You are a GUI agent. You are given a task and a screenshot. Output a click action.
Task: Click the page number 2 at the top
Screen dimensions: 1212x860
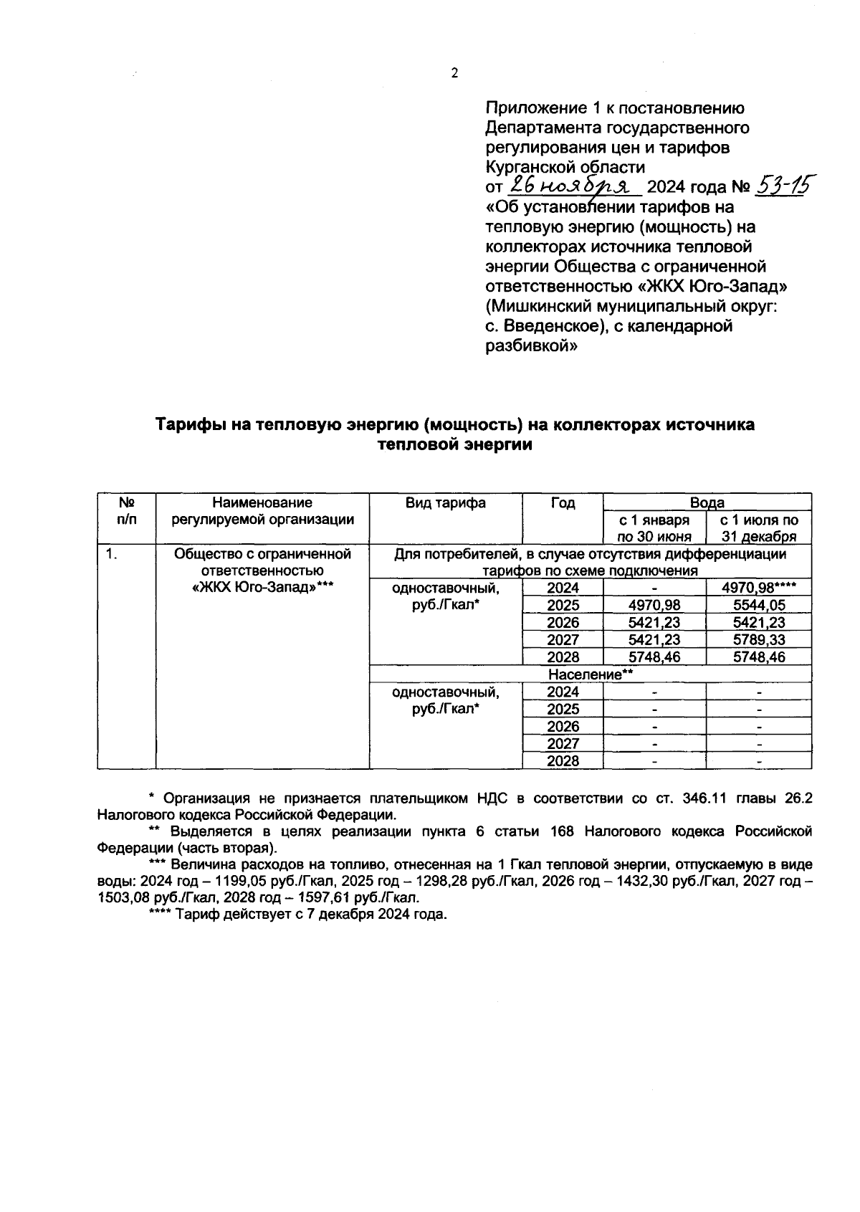click(454, 73)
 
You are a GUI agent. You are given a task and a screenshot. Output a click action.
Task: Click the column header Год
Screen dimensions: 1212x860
click(563, 503)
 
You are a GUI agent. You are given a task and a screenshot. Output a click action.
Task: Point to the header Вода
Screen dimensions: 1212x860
click(707, 502)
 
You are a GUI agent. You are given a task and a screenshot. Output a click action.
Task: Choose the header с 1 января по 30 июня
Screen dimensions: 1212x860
click(654, 528)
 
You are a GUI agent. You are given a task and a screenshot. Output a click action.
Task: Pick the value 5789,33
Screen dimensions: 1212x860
click(759, 640)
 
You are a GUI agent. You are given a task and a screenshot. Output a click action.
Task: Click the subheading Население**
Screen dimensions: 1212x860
click(591, 675)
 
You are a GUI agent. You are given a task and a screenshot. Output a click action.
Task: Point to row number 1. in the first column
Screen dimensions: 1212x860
click(111, 554)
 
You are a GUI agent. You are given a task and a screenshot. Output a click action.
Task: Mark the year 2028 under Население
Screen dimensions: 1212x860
click(563, 761)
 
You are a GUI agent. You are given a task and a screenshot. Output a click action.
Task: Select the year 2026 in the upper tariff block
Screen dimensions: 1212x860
click(563, 623)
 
